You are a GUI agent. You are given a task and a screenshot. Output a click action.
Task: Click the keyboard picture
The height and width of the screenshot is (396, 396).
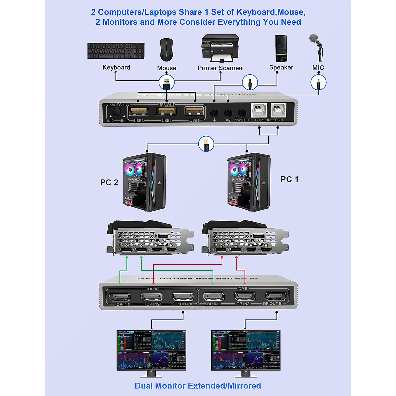pos(116,51)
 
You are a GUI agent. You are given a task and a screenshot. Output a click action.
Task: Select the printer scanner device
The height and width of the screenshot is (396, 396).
pos(220,48)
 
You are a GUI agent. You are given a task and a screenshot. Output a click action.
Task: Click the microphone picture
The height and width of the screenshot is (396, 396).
pos(316,46)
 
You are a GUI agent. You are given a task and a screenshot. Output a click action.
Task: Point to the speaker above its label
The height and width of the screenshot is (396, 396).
pos(281,49)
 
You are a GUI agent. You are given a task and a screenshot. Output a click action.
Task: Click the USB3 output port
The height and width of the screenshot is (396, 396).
pos(139,111)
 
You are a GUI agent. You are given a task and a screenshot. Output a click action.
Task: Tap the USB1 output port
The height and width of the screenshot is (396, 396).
pos(194,111)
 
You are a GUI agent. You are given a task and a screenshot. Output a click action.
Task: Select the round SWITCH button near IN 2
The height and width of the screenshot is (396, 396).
pos(116,112)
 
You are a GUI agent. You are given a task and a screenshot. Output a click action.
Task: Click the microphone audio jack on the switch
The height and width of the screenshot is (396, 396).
pos(214,114)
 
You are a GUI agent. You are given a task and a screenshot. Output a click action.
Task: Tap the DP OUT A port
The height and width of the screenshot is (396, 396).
pos(182,297)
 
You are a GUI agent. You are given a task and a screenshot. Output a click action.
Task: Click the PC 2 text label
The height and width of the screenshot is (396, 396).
pos(109,182)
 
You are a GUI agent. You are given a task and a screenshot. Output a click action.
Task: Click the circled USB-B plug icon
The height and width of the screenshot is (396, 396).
pos(206,144)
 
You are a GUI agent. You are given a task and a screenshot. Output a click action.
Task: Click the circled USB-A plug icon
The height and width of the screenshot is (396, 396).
pos(167,82)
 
